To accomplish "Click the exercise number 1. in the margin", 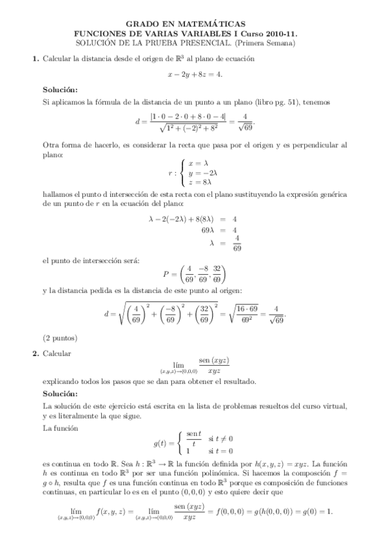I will click(x=35, y=59).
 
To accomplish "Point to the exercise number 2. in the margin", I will click(x=35, y=354).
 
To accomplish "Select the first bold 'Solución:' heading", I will click(x=60, y=90).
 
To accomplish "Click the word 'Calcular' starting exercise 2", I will click(x=57, y=354).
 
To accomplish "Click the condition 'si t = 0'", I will click(x=220, y=450).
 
